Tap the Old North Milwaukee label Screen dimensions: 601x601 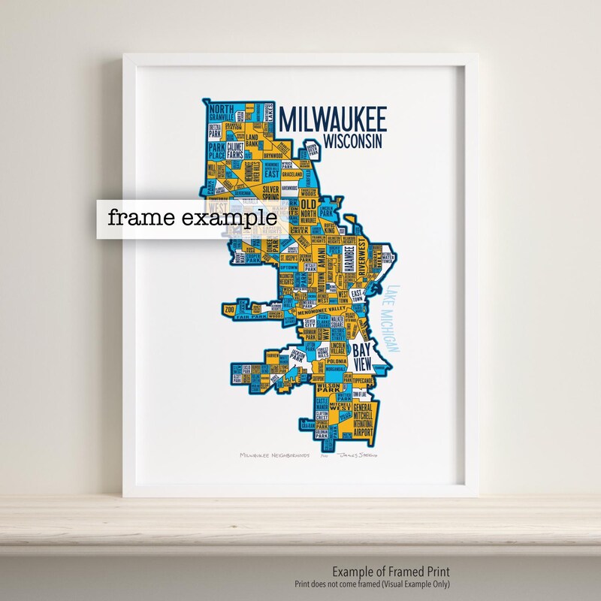point(308,210)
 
